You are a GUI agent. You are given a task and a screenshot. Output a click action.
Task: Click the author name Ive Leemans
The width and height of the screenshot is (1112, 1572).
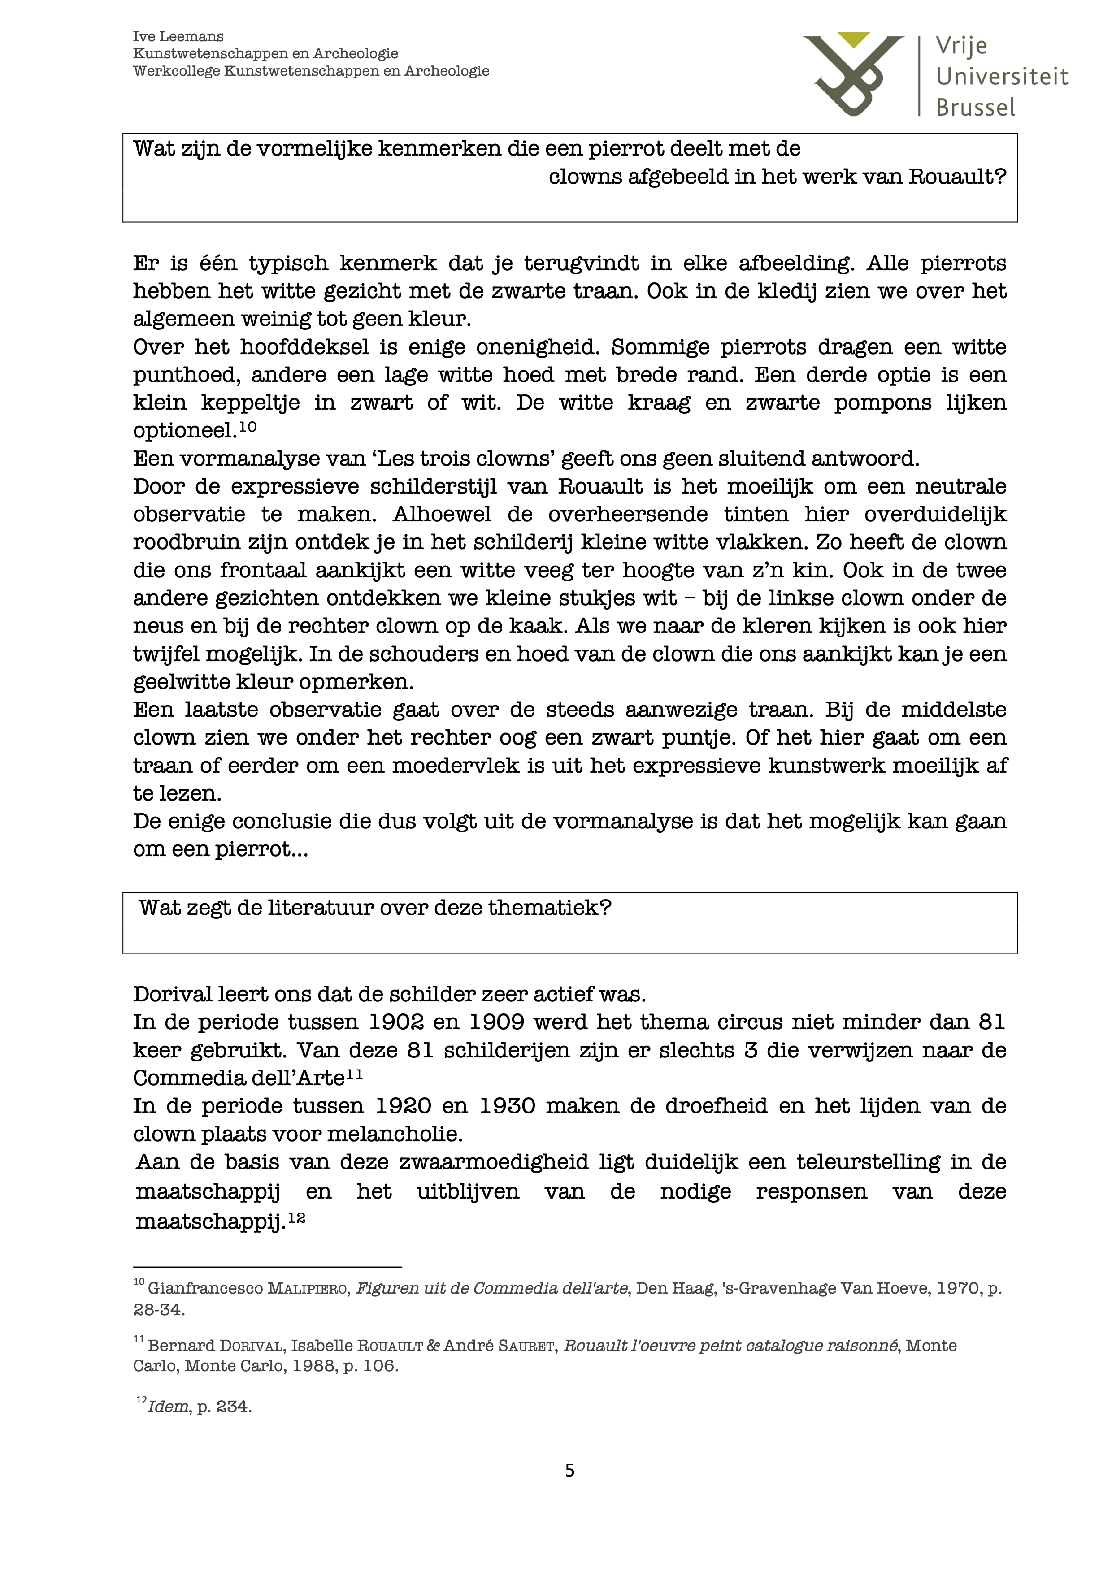click(x=178, y=37)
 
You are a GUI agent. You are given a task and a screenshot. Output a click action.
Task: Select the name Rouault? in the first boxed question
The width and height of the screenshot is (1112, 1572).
click(x=957, y=178)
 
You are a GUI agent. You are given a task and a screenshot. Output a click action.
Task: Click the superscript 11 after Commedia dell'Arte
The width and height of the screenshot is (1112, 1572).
click(x=354, y=1075)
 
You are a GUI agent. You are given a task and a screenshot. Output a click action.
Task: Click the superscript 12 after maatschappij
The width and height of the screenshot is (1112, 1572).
click(x=296, y=1219)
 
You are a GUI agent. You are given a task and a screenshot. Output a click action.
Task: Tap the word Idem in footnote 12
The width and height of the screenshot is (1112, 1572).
click(x=168, y=1407)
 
